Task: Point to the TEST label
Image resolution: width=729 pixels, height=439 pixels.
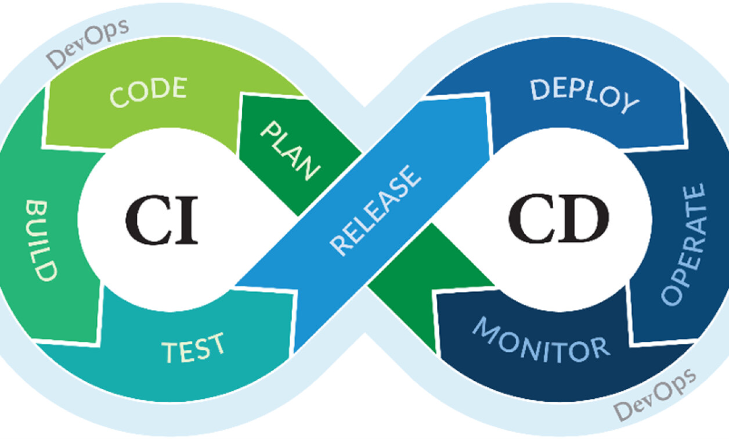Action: tap(193, 347)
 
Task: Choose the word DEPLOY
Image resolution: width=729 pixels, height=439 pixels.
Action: tap(583, 95)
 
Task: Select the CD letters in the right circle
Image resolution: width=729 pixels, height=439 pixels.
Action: tap(558, 221)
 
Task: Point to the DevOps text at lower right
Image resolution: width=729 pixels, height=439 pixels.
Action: tap(655, 395)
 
